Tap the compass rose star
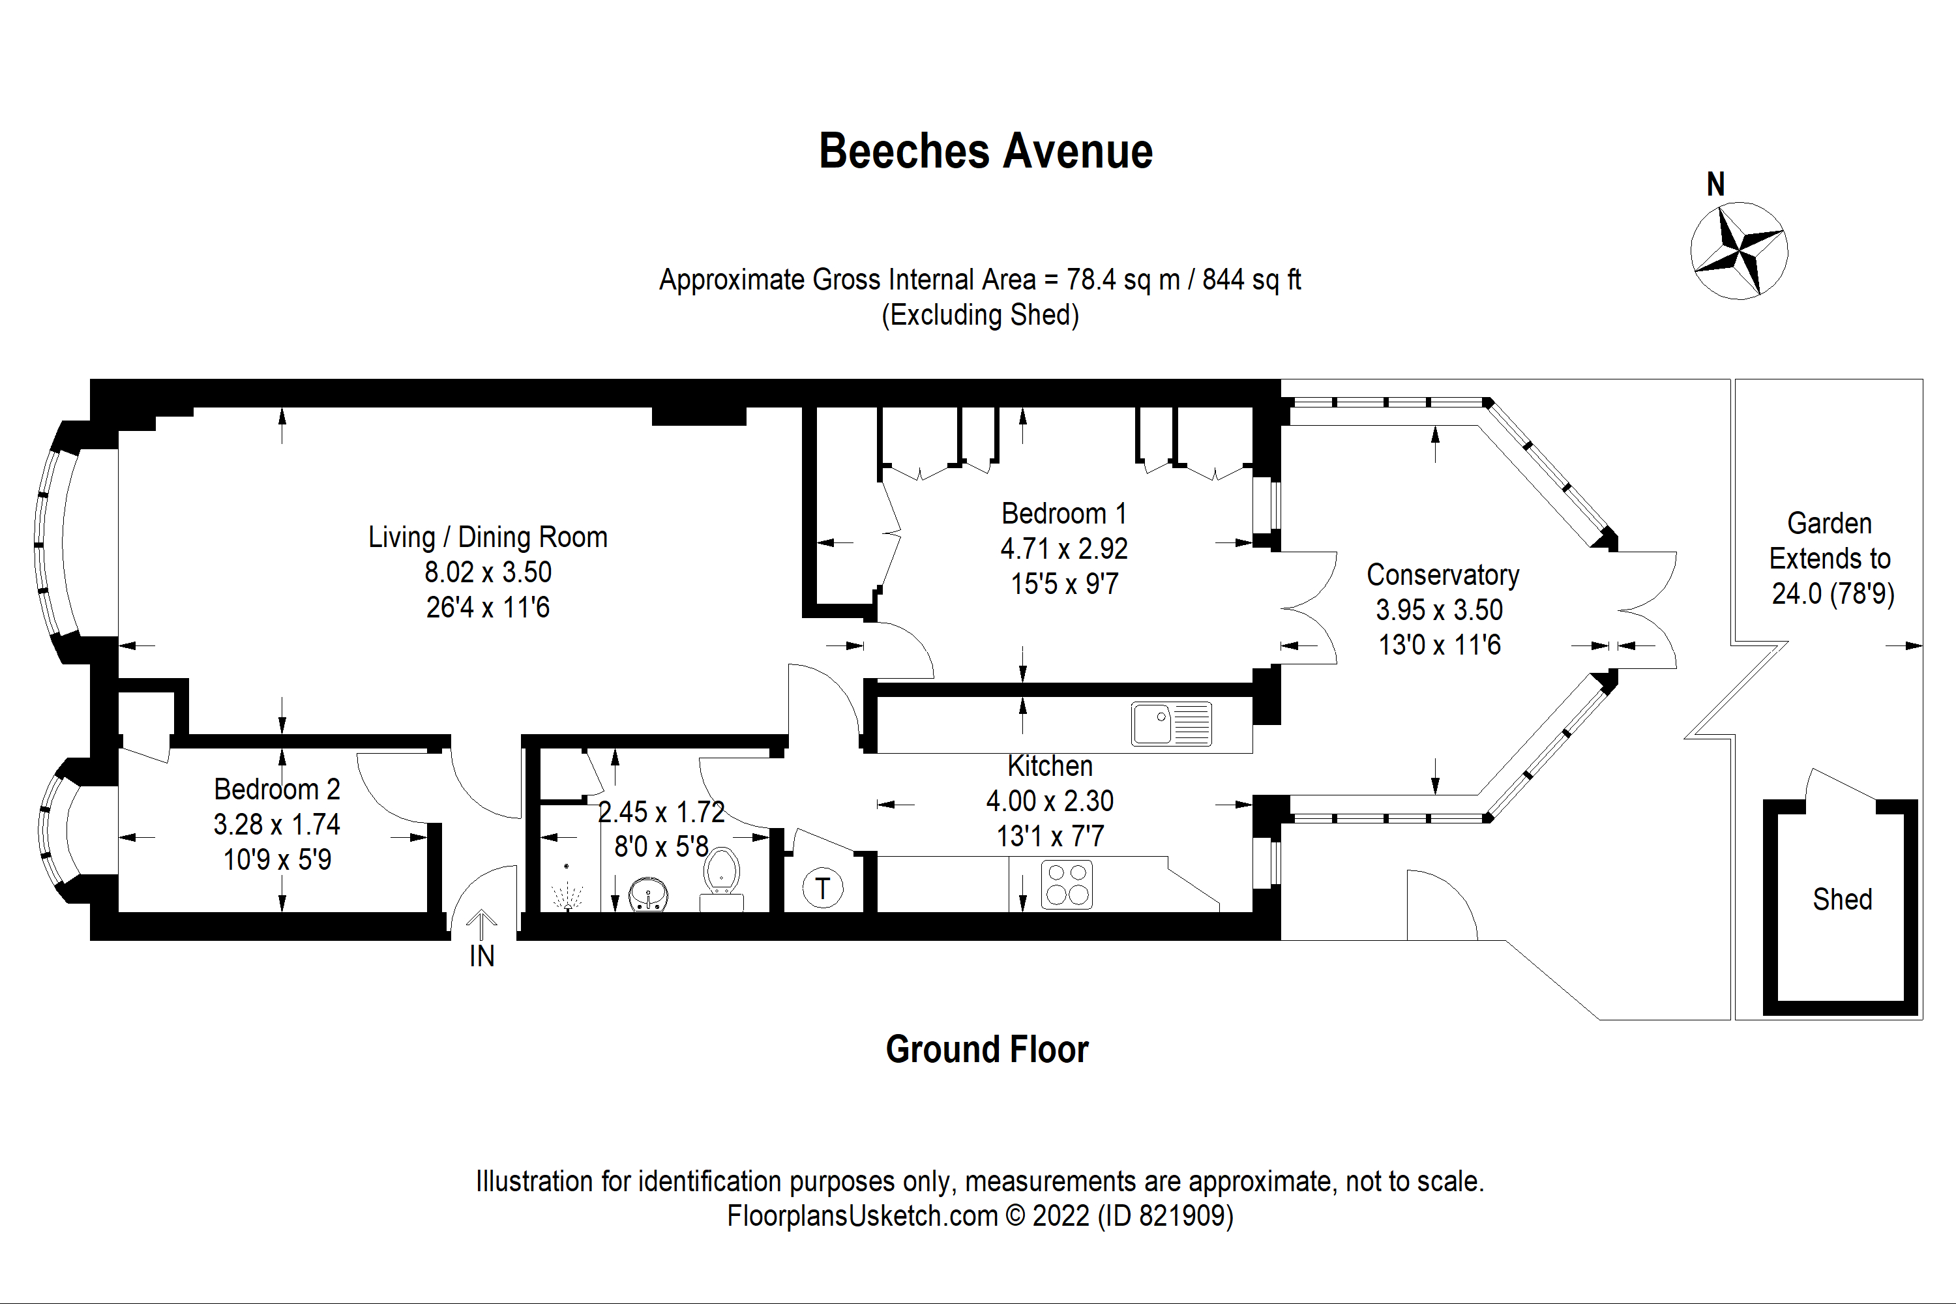[x=1739, y=250]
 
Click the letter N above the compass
[x=1715, y=184]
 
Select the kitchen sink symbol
[x=1171, y=724]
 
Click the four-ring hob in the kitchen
[x=1067, y=884]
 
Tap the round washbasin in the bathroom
[x=649, y=895]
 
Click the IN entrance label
[x=482, y=956]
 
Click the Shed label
[x=1842, y=900]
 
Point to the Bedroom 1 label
[x=1063, y=514]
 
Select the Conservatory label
[x=1443, y=574]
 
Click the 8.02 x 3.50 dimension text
[x=488, y=572]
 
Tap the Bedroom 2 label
[x=277, y=789]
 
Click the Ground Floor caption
[x=987, y=1050]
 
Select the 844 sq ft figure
[x=1252, y=280]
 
